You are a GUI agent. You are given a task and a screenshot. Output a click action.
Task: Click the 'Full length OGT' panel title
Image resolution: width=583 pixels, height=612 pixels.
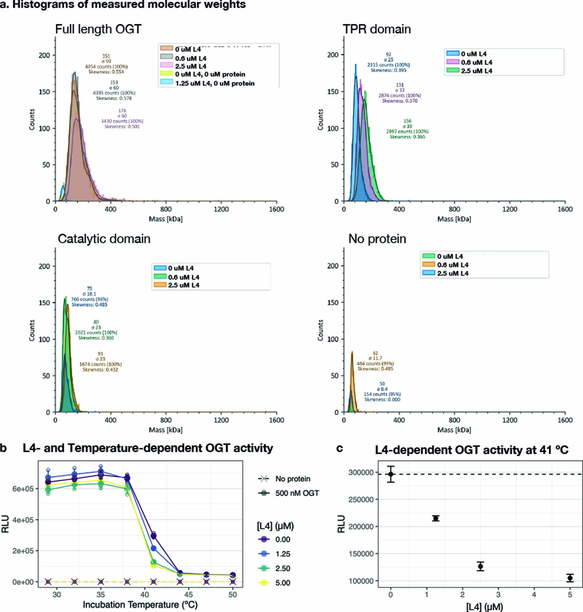click(x=98, y=29)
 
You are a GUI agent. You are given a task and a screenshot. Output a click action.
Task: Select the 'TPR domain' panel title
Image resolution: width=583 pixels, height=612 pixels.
click(x=376, y=29)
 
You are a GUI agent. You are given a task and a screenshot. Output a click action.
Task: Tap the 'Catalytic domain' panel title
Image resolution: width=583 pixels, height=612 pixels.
click(x=104, y=239)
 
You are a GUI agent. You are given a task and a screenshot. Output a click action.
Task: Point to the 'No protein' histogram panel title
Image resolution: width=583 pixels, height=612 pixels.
click(x=377, y=239)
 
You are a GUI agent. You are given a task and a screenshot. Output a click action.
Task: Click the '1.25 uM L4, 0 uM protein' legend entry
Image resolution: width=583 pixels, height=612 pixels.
click(x=214, y=83)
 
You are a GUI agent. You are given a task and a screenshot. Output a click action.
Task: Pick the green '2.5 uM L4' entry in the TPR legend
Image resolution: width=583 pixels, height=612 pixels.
click(x=476, y=71)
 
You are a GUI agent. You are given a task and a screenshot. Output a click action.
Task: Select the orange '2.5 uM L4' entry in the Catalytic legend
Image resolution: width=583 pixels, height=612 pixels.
click(x=183, y=285)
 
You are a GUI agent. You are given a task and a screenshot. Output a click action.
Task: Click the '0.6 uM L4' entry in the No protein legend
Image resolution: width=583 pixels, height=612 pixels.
click(x=452, y=265)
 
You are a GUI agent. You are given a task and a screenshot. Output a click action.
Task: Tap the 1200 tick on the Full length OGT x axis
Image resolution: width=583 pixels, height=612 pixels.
click(x=221, y=209)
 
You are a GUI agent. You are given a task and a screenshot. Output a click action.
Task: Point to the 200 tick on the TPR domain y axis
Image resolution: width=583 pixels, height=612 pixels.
click(x=333, y=55)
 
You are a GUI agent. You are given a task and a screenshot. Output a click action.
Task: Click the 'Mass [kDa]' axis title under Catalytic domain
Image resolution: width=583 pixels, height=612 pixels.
click(x=165, y=430)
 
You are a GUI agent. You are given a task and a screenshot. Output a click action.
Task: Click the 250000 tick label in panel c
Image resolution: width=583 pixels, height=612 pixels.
click(x=361, y=500)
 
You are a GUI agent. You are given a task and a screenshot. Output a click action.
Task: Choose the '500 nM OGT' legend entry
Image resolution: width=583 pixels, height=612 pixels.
click(x=297, y=493)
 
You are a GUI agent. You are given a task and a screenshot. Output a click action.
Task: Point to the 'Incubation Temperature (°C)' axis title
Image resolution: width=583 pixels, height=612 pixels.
click(x=140, y=605)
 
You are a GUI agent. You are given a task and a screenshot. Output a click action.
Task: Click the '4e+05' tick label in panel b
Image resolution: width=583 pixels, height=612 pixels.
click(x=23, y=520)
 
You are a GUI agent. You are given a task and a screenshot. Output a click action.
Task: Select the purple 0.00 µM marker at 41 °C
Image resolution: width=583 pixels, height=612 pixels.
click(x=153, y=536)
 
